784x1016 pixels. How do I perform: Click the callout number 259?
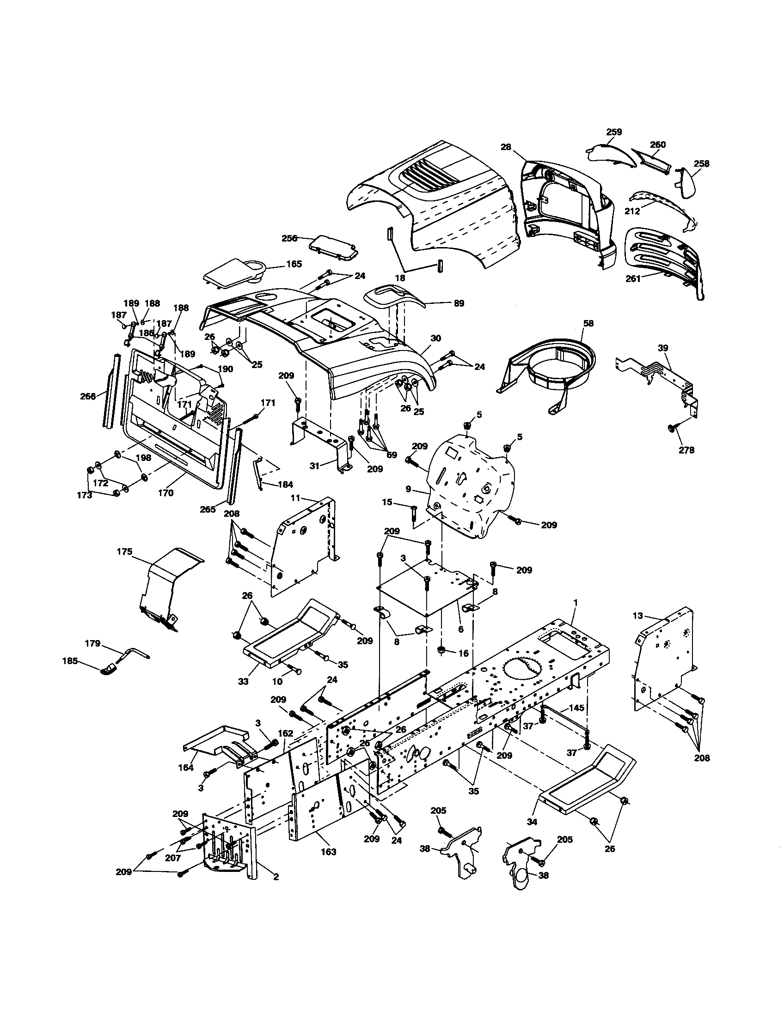(x=613, y=132)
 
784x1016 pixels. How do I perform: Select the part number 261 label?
(x=633, y=278)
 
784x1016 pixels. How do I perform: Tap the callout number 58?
(x=588, y=323)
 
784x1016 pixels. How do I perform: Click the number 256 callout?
(x=289, y=238)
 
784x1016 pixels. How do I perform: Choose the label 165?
(x=294, y=264)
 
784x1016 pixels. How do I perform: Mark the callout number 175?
(x=125, y=552)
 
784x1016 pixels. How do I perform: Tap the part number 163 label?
(x=329, y=852)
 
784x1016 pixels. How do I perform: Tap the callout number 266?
(x=88, y=396)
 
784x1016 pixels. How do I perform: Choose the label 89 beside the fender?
(x=459, y=303)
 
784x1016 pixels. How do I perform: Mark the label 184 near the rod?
(x=285, y=485)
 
